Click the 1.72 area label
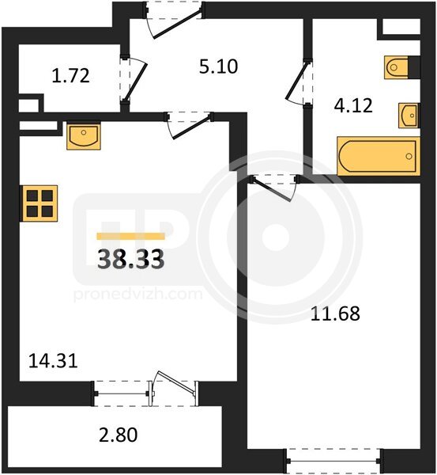click(x=71, y=76)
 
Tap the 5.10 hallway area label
click(x=218, y=66)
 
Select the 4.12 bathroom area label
click(x=353, y=106)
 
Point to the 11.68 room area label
click(x=335, y=313)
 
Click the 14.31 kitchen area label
click(x=53, y=361)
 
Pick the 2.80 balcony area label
click(x=119, y=435)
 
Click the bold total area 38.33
click(x=131, y=260)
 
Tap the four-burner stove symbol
click(x=39, y=203)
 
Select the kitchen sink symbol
click(x=84, y=135)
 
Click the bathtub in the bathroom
click(x=379, y=156)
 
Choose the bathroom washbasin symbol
click(x=409, y=116)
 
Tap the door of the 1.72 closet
click(x=134, y=79)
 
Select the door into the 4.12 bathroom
click(x=299, y=82)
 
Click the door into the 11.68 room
click(x=273, y=188)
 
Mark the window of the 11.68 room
click(x=333, y=461)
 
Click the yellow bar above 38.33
click(x=130, y=236)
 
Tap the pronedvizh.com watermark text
click(x=138, y=294)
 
